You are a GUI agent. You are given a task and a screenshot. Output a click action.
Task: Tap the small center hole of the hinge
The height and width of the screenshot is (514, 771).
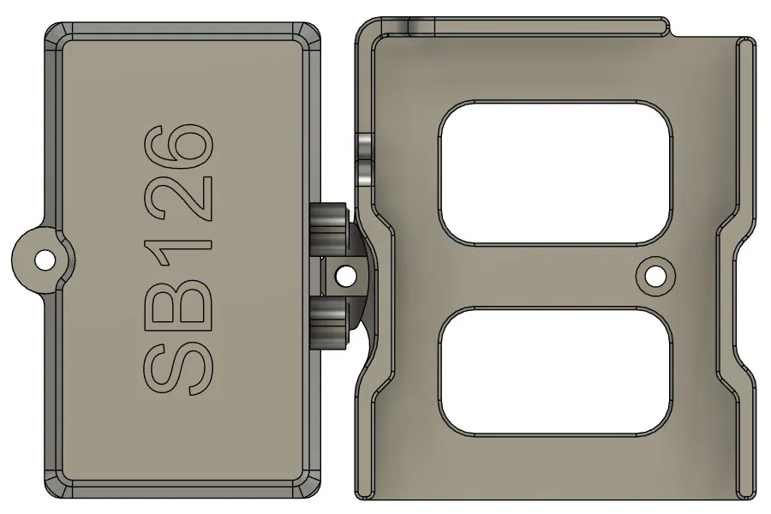346,276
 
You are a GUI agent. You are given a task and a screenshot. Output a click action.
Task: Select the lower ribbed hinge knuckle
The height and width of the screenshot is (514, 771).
329,320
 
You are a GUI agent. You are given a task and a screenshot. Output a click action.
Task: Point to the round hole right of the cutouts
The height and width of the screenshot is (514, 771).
655,275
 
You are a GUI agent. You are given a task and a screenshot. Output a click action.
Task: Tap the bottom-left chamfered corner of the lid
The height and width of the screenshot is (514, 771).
53,487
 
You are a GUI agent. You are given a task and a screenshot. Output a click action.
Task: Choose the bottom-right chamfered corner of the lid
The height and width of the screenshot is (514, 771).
310,487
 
